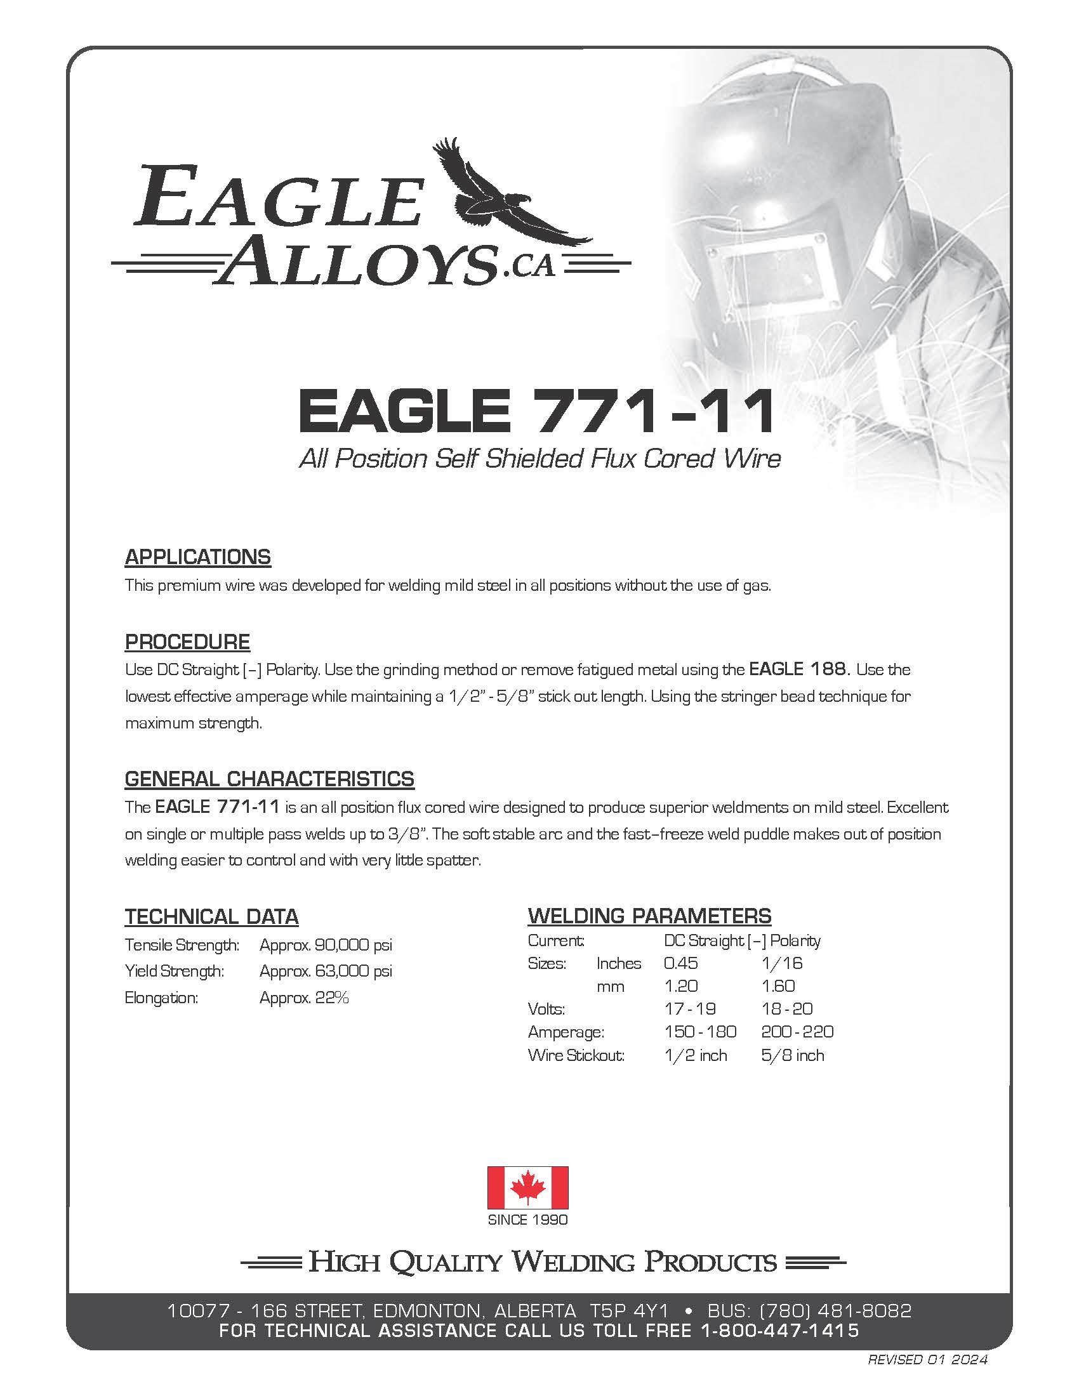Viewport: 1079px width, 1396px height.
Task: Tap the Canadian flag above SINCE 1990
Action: (527, 1187)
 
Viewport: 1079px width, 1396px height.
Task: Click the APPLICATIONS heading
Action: (197, 556)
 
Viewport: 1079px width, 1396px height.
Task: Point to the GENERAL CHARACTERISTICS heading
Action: (269, 779)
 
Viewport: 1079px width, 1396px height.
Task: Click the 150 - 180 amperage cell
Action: (700, 1032)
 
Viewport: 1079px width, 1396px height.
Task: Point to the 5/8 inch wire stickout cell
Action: (793, 1055)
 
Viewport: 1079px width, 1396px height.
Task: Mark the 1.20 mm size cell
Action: (681, 986)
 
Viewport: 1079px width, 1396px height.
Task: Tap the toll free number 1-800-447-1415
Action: (780, 1330)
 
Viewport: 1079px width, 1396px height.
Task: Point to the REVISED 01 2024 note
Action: (927, 1360)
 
